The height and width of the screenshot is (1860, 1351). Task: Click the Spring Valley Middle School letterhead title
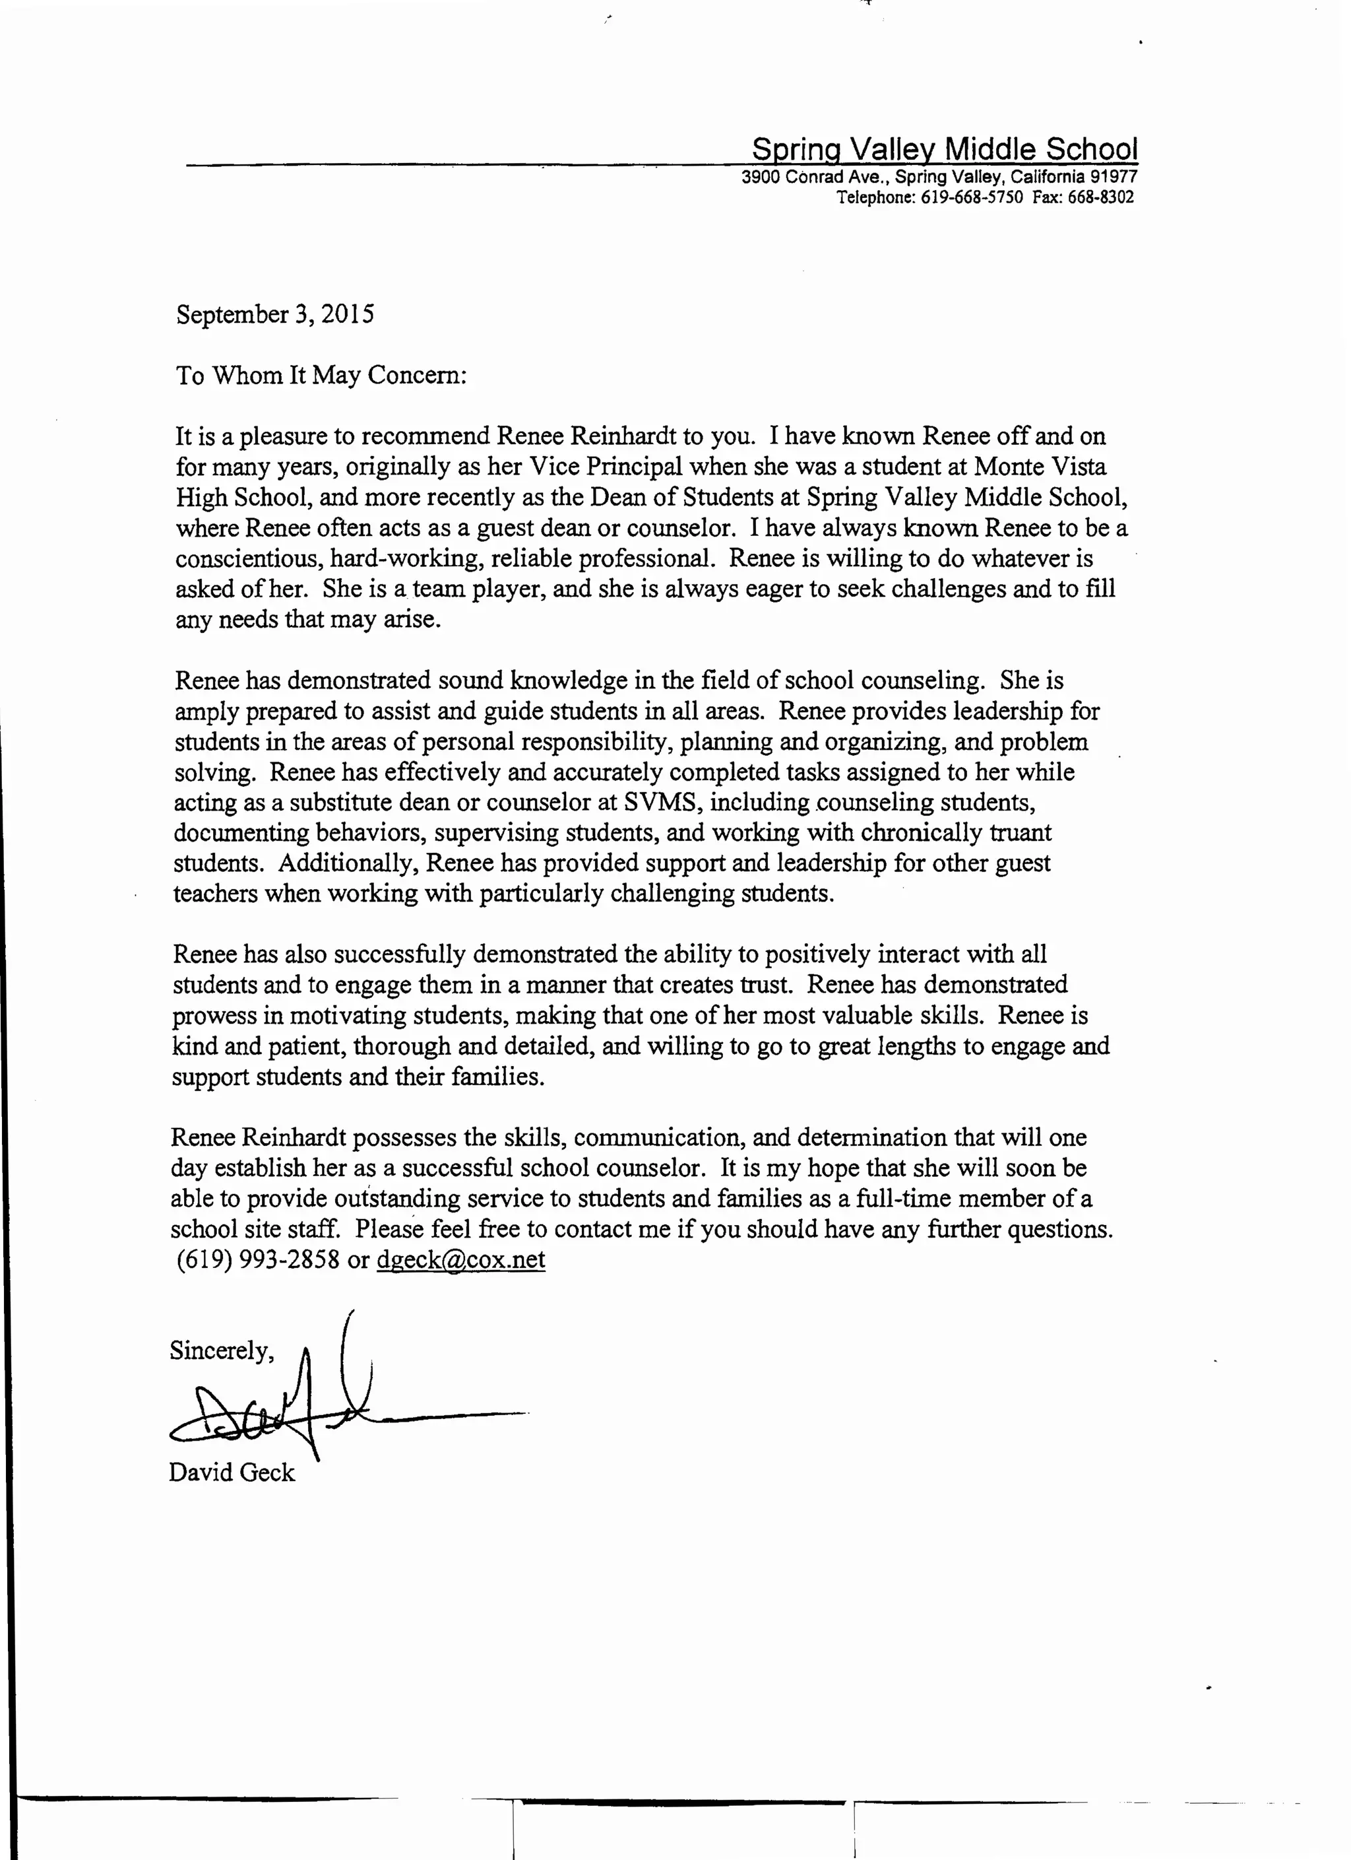click(945, 149)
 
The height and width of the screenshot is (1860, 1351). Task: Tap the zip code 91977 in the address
click(1114, 177)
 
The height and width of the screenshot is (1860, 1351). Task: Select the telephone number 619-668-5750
click(972, 197)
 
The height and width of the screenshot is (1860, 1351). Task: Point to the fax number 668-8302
click(1101, 197)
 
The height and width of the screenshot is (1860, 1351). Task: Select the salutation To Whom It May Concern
click(321, 376)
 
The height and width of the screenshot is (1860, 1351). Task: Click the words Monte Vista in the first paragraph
click(1040, 467)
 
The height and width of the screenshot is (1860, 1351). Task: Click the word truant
click(1020, 832)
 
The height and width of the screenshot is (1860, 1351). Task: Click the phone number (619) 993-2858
click(257, 1259)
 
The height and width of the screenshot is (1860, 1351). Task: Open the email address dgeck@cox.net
click(460, 1259)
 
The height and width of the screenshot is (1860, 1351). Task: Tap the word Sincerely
click(220, 1350)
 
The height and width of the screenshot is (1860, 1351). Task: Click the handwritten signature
click(295, 1407)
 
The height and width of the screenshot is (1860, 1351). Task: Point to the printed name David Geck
click(231, 1473)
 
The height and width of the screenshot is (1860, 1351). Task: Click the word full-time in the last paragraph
click(903, 1199)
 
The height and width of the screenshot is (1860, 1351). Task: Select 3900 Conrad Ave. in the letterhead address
click(814, 177)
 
